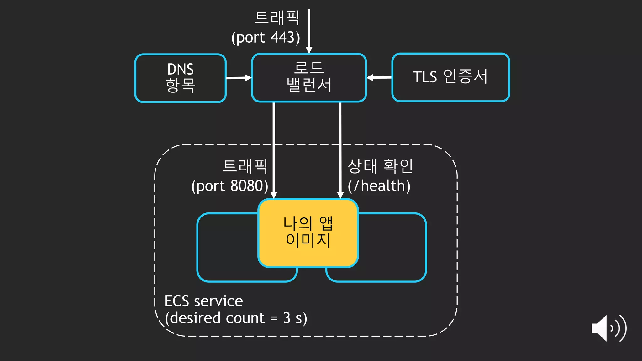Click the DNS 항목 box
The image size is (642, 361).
pyautogui.click(x=180, y=78)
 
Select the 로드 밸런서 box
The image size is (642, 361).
pyautogui.click(x=309, y=77)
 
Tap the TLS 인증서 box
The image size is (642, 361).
pyautogui.click(x=450, y=77)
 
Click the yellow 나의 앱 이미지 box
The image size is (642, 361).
pyautogui.click(x=308, y=233)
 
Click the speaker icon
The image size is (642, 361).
pyautogui.click(x=608, y=328)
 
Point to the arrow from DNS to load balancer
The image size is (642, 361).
pyautogui.click(x=239, y=78)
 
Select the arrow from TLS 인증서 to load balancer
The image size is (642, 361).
pyautogui.click(x=379, y=77)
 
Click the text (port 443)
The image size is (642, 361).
pyautogui.click(x=266, y=38)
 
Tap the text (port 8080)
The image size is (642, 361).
pyautogui.click(x=230, y=186)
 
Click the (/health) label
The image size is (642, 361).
pyautogui.click(x=379, y=186)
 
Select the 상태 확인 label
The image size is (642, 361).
pyautogui.click(x=380, y=166)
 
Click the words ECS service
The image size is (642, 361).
pyautogui.click(x=203, y=301)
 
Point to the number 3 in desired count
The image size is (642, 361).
pyautogui.click(x=287, y=318)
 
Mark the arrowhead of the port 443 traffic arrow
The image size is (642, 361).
pyautogui.click(x=309, y=50)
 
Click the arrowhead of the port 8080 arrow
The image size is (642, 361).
pyautogui.click(x=274, y=195)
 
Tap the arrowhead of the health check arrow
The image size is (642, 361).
pyautogui.click(x=340, y=195)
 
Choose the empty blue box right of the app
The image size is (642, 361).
pyautogui.click(x=392, y=248)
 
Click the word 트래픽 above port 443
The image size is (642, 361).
pyautogui.click(x=277, y=18)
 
